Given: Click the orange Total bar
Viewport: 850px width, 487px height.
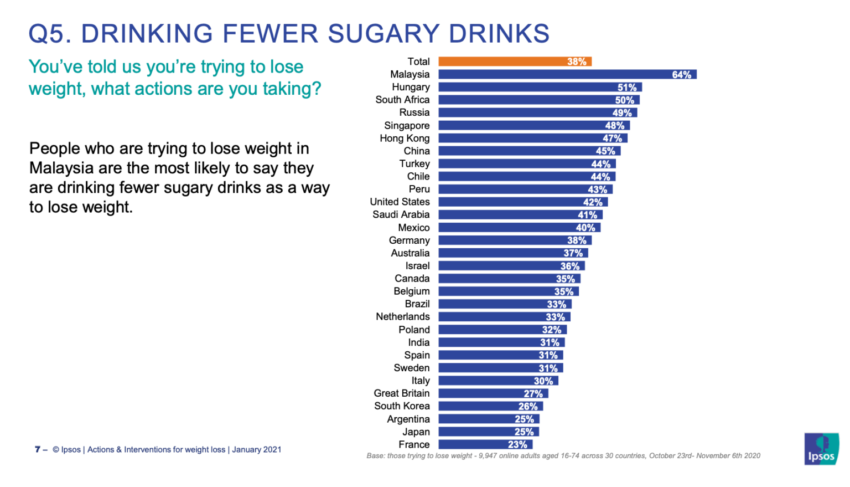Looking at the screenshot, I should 515,61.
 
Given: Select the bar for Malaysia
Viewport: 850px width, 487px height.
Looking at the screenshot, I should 567,74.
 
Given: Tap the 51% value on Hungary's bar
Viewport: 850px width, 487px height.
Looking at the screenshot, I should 627,88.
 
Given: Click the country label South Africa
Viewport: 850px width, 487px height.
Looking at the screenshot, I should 402,100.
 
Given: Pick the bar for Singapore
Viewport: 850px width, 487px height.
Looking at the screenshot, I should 534,126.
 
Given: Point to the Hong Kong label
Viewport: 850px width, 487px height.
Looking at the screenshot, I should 405,139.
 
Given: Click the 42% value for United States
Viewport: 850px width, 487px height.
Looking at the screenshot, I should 593,202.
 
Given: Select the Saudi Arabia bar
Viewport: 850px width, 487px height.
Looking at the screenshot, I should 520,215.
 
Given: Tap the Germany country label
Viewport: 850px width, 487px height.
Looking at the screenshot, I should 409,240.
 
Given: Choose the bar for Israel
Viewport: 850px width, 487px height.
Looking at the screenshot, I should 511,266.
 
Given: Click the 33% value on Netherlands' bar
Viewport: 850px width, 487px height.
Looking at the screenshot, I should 555,317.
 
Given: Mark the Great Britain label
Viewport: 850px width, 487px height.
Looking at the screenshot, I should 401,393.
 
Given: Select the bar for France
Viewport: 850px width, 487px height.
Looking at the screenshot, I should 485,444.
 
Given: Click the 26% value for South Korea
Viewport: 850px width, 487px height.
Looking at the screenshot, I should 528,406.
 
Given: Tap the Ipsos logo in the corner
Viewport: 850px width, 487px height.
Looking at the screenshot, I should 821,449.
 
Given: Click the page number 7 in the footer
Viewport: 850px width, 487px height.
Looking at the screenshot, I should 38,449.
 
